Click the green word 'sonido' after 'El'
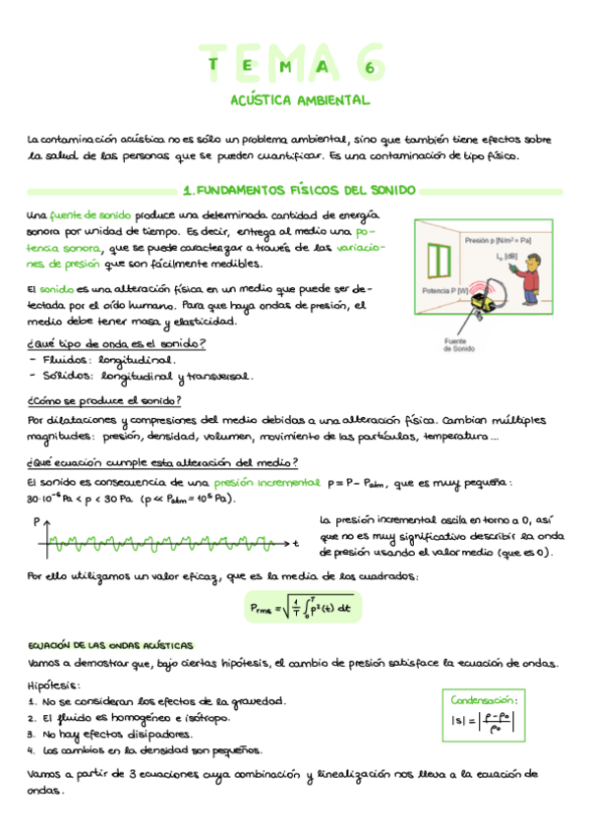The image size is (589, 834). (57, 289)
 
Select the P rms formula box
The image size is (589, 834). (302, 607)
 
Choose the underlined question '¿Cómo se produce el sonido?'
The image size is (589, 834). (104, 400)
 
